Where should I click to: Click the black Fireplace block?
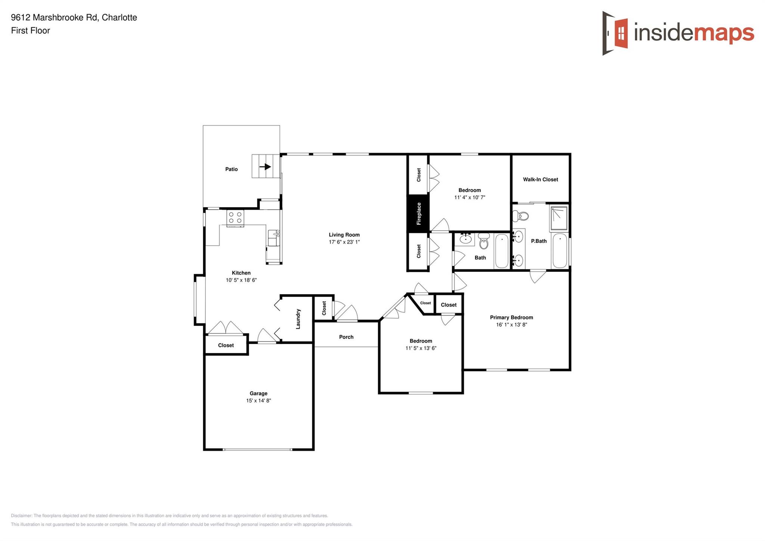(418, 213)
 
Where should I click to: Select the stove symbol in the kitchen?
(235, 218)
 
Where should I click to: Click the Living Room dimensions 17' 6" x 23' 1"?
(344, 242)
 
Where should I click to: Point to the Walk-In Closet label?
(540, 179)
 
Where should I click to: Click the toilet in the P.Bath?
(521, 216)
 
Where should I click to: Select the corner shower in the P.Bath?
(559, 219)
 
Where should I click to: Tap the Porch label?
(346, 337)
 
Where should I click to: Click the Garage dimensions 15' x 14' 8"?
(258, 400)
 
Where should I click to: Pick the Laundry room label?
(298, 319)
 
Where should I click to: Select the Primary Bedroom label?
(511, 317)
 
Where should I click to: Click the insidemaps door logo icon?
(615, 33)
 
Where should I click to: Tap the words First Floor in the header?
(30, 31)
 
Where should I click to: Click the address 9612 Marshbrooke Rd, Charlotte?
(74, 18)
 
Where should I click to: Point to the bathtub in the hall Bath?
(502, 250)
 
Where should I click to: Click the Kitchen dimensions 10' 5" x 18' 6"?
(241, 280)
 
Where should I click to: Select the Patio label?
(231, 169)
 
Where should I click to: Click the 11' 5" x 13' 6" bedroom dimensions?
(421, 348)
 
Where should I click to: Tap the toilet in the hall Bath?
(484, 242)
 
